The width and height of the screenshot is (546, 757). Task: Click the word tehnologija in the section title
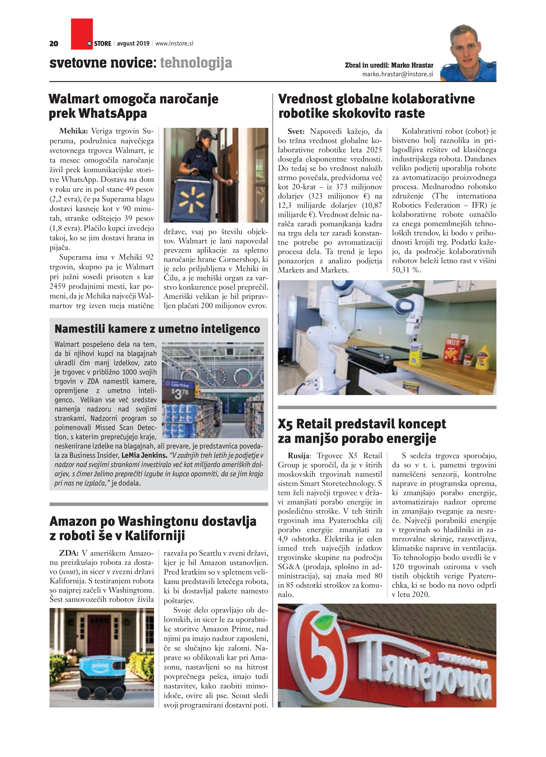[x=196, y=63]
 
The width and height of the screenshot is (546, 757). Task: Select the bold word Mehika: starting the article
[x=73, y=131]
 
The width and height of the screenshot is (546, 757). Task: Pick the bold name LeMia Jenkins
[x=144, y=455]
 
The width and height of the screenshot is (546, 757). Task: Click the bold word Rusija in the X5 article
[x=299, y=456]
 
